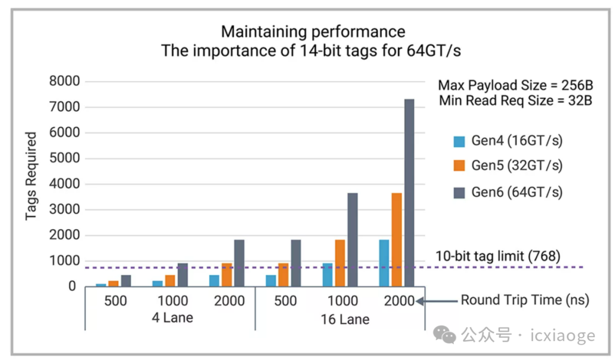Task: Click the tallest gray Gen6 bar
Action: click(409, 193)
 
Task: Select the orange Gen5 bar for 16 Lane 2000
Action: click(396, 240)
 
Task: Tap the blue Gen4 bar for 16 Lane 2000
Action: click(384, 263)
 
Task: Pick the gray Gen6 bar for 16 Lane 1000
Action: click(352, 240)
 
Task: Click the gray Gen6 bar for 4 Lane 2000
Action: click(239, 263)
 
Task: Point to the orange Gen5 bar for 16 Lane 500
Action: click(283, 275)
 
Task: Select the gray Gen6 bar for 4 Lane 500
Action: click(126, 281)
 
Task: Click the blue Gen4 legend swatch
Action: click(459, 141)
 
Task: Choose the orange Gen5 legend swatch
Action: click(459, 166)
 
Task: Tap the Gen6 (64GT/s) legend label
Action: click(517, 192)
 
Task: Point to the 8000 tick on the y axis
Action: click(64, 81)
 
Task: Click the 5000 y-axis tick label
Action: click(64, 158)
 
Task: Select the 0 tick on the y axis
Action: click(72, 287)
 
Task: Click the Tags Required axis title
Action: click(31, 176)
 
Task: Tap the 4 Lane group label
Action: click(173, 317)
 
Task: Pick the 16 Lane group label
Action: click(345, 319)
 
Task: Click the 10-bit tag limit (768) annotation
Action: click(498, 256)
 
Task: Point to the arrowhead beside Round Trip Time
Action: click(420, 301)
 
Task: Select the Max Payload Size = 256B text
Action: click(515, 85)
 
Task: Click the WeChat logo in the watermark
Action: click(444, 335)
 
